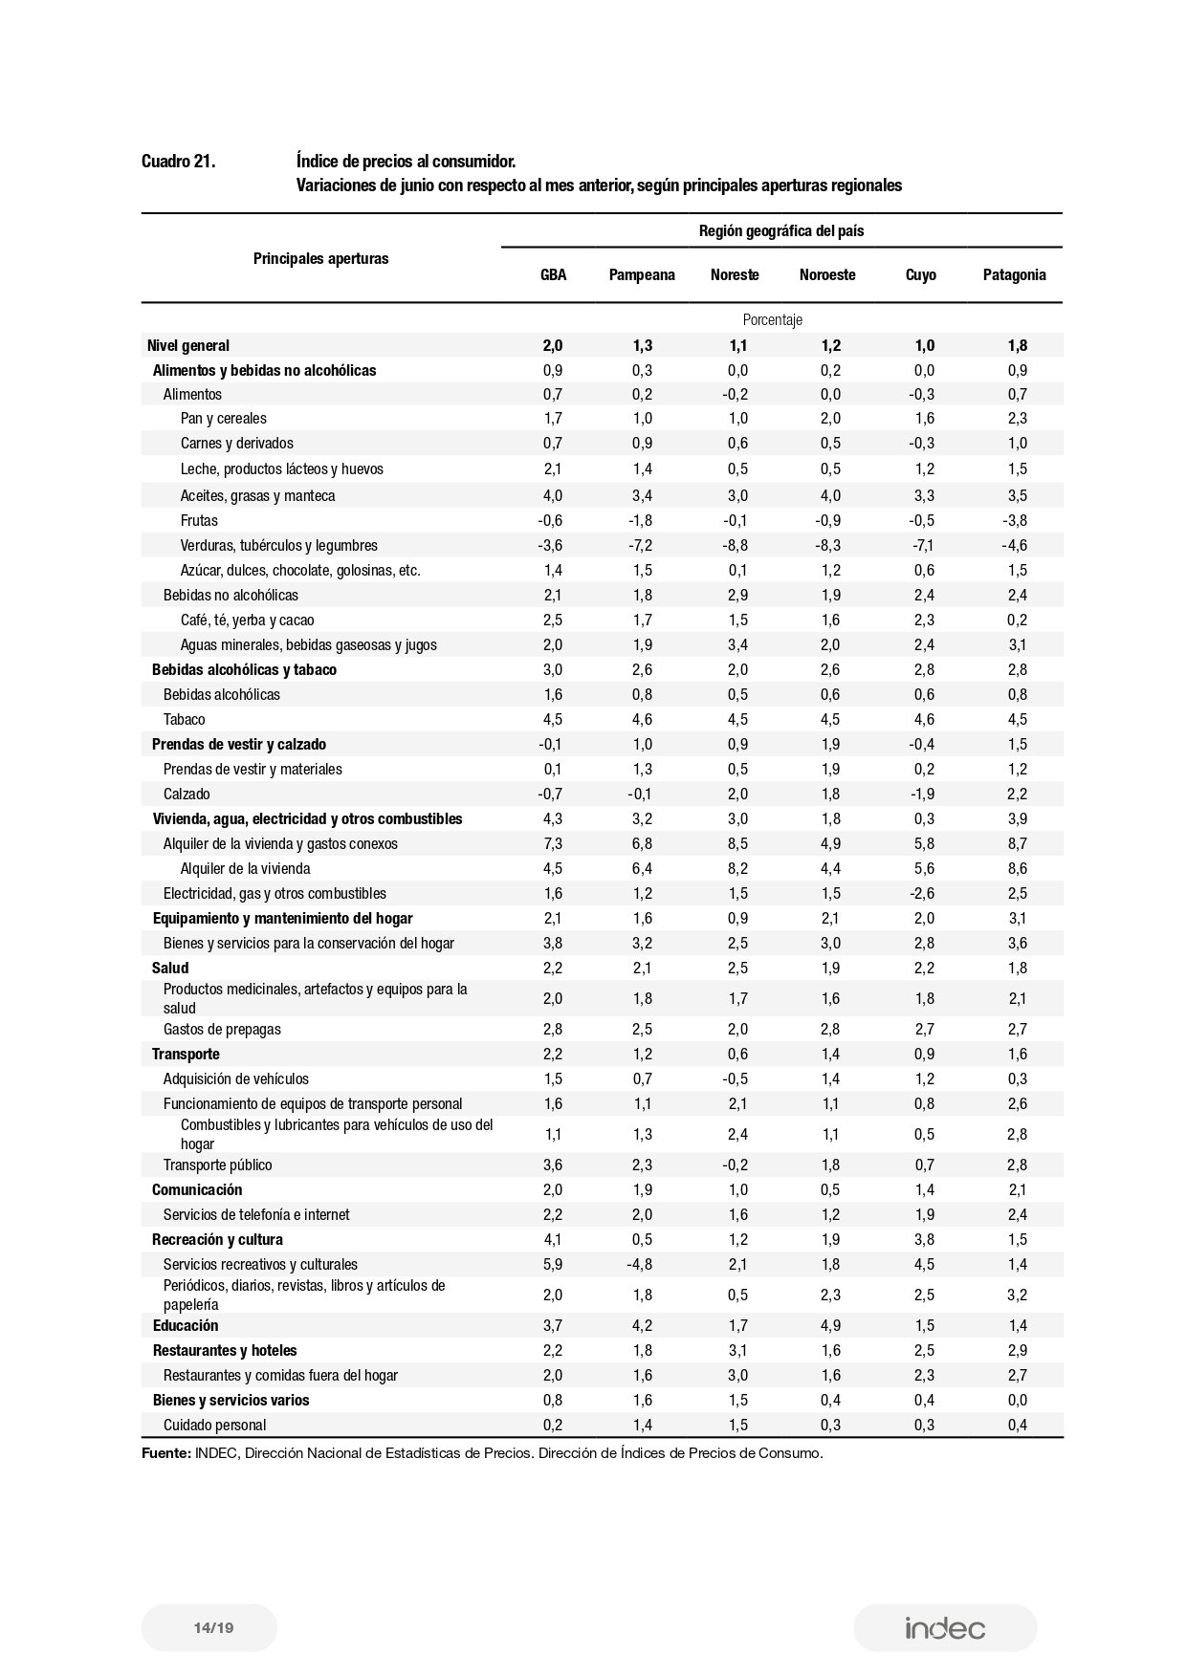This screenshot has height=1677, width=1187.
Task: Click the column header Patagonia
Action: coord(1014,275)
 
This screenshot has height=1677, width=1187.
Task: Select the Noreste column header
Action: coord(735,275)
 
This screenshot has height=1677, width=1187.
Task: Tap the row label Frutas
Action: coord(199,521)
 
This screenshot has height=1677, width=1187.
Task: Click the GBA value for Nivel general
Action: coord(553,346)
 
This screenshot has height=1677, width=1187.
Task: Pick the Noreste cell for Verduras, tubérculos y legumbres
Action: coord(735,546)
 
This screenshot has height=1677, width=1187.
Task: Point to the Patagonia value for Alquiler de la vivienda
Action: coord(1017,869)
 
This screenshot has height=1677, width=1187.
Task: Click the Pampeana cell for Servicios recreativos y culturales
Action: coord(640,1265)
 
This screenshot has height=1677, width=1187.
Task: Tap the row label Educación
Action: coord(186,1326)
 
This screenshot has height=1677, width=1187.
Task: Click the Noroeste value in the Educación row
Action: coord(829,1326)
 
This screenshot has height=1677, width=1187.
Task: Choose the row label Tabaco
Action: coord(184,720)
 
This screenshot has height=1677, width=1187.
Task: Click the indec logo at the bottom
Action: coord(945,1628)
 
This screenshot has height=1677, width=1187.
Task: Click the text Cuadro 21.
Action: coord(178,162)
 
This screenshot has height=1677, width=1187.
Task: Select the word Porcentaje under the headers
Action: coord(772,320)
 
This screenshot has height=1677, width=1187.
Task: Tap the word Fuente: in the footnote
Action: coord(165,1453)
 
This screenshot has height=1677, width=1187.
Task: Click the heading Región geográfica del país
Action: coord(781,231)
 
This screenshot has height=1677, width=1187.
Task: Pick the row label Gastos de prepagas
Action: coord(222,1030)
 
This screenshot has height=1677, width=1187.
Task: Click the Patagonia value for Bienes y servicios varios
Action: coord(1017,1401)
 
